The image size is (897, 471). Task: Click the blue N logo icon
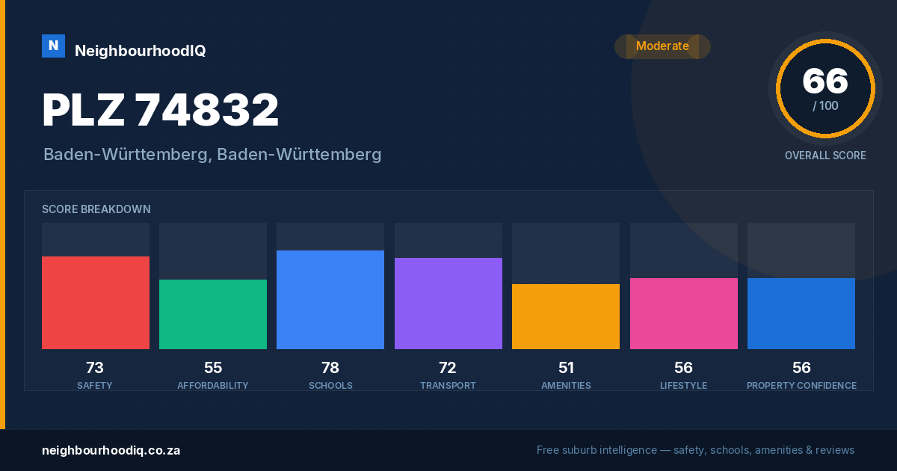coord(53,46)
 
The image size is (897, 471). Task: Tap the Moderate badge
coord(662,46)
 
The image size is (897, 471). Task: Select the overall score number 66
coord(825,81)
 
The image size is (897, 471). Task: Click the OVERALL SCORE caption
coord(825,156)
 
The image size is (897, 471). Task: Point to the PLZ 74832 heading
coord(160,110)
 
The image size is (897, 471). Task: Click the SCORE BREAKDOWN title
coord(96,209)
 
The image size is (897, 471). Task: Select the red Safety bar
coord(96,303)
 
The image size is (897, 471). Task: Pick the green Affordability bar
coord(213,315)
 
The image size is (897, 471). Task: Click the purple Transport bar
coord(449,304)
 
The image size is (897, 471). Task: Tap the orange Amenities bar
coord(566,317)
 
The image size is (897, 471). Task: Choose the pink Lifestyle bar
coord(684,313)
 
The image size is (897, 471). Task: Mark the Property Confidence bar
coord(801,313)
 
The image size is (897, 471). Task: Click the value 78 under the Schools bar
coord(330,368)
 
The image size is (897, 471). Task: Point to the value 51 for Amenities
coord(566,368)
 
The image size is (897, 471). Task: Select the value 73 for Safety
coord(95,368)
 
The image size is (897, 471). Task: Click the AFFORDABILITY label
coord(213,386)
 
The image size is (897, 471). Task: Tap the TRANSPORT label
coord(448,386)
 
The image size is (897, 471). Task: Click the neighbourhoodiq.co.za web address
coord(111,451)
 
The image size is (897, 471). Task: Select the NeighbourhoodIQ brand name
coord(141,51)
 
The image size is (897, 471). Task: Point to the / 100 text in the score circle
coord(825,105)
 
